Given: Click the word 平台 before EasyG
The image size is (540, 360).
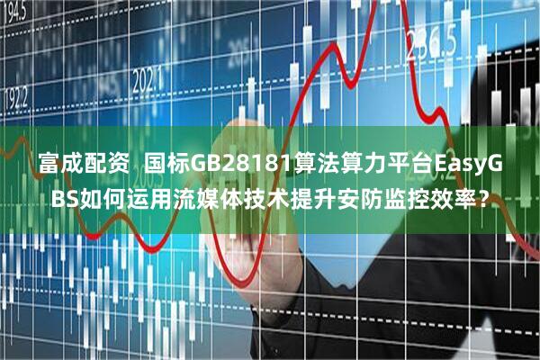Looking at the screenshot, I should tap(401, 166).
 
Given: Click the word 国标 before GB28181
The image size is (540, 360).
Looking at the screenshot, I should tap(165, 166).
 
